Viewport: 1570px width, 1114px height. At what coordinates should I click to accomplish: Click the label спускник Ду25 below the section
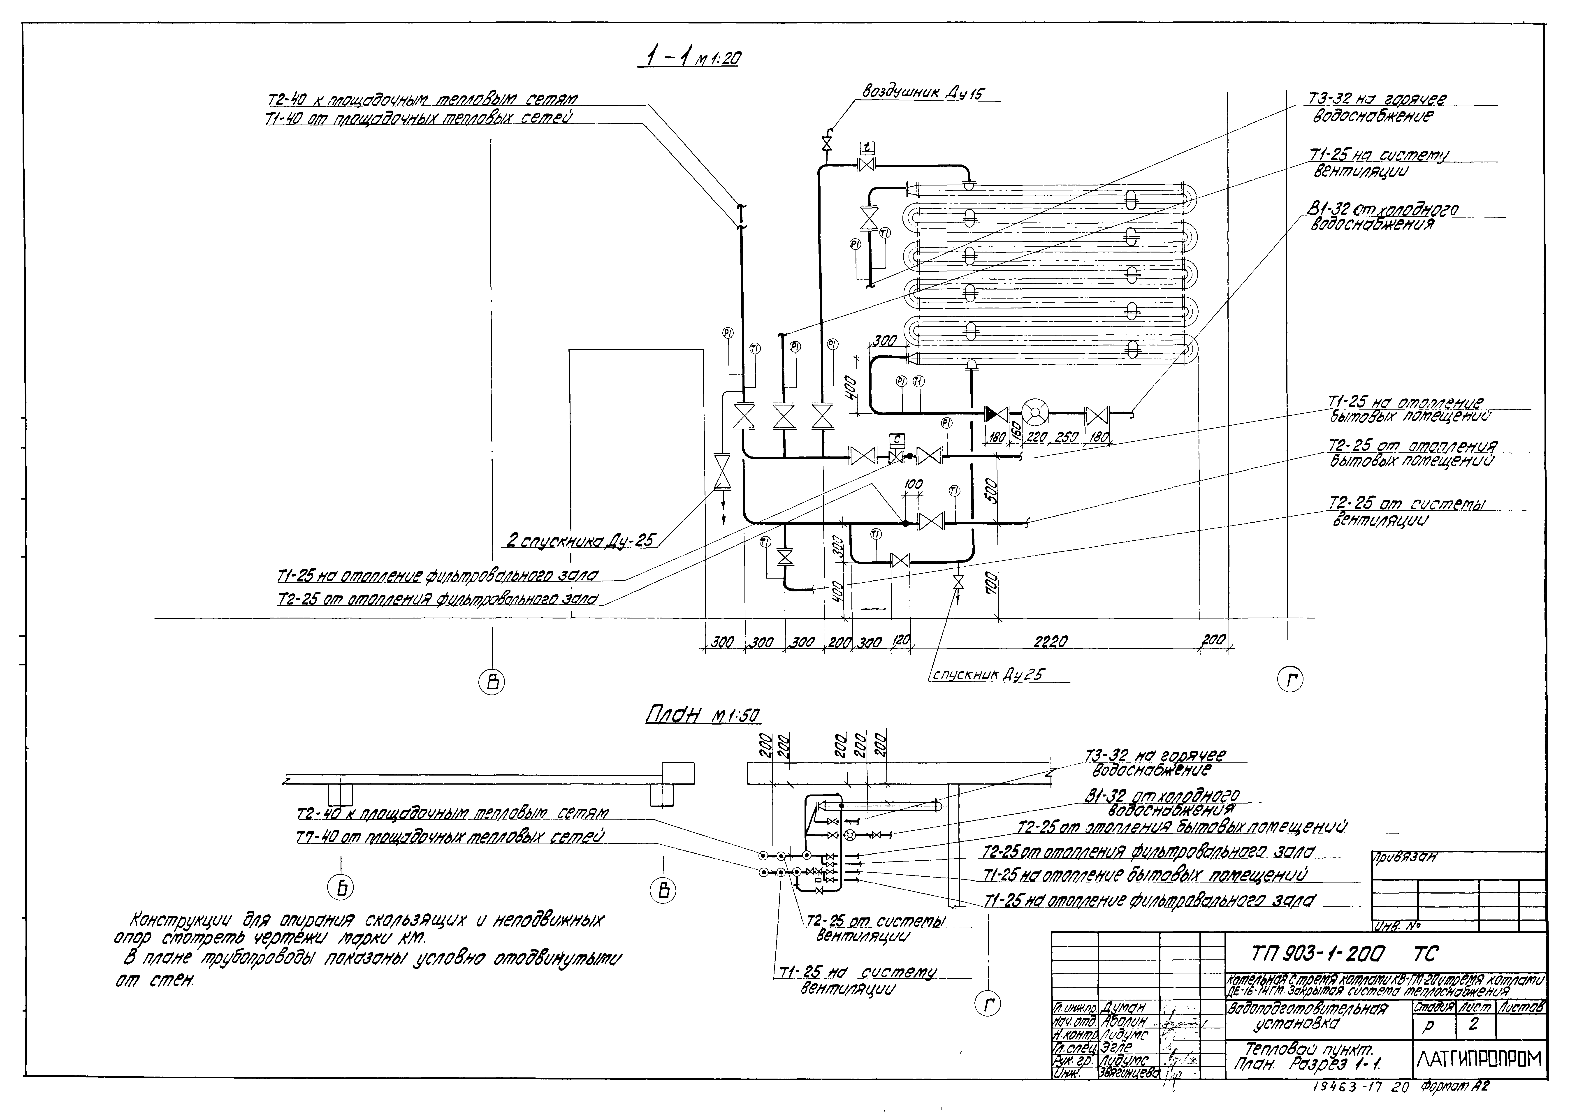(x=988, y=674)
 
